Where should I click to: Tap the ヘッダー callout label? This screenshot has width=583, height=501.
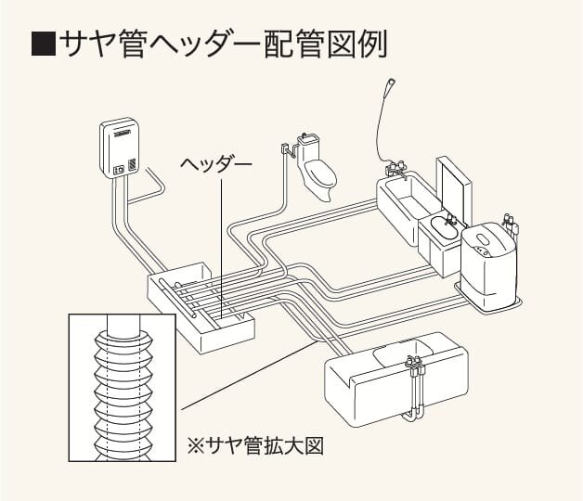click(x=215, y=164)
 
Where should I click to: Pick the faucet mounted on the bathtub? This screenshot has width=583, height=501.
click(x=397, y=170)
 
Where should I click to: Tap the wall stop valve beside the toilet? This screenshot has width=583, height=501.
click(x=285, y=148)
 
